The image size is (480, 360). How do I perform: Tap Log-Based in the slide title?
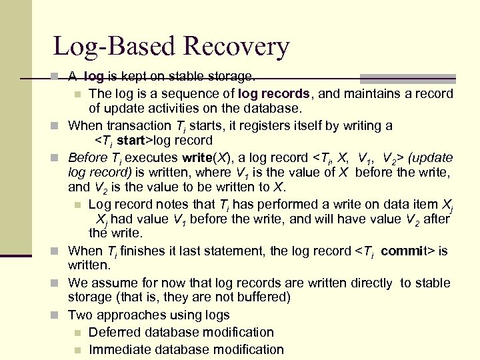click(x=115, y=47)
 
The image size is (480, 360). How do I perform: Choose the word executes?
click(x=152, y=158)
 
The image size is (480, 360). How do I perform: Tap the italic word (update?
click(x=431, y=158)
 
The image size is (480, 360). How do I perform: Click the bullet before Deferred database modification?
click(x=78, y=333)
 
